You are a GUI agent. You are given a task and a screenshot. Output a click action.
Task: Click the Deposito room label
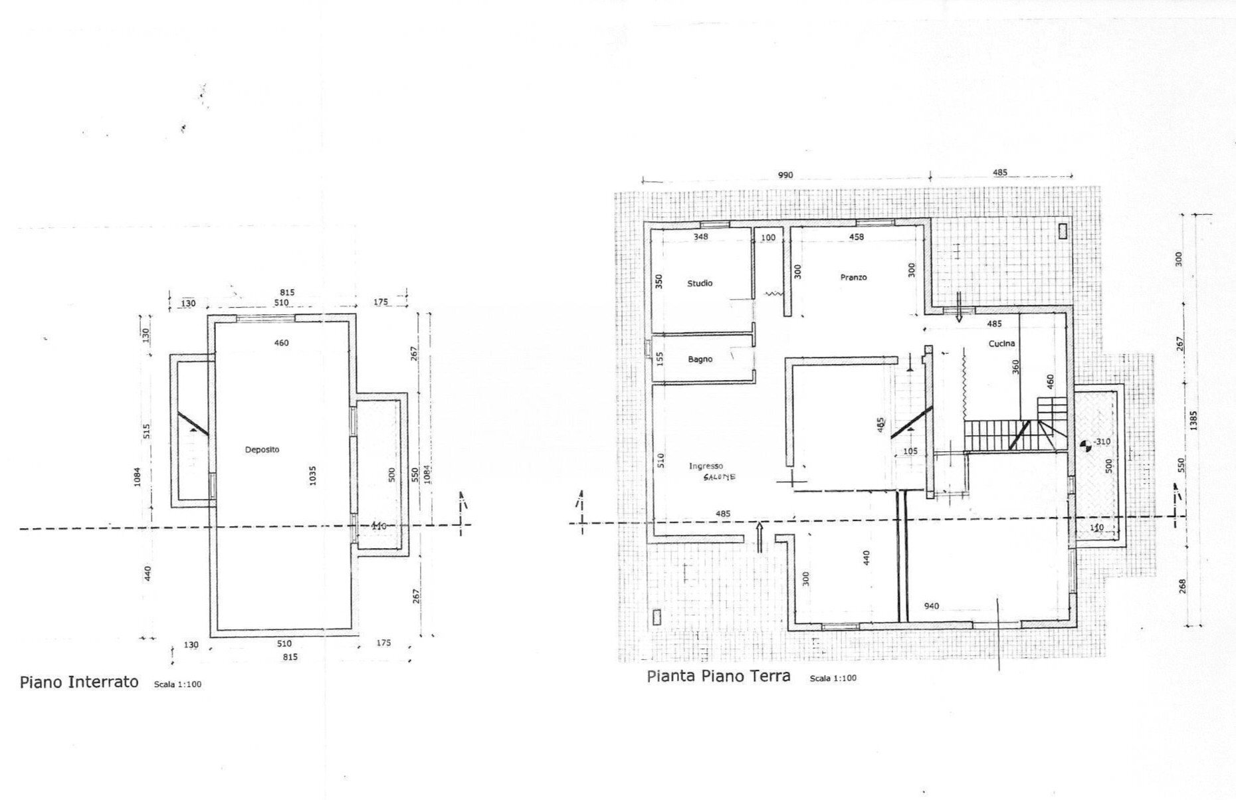(262, 450)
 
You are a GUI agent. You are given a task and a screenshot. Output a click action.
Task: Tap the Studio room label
(700, 284)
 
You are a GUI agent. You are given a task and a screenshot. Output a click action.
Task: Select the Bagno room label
(700, 359)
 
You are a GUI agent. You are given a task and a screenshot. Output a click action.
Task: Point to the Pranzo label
(853, 278)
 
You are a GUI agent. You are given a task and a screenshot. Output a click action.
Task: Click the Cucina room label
(1001, 344)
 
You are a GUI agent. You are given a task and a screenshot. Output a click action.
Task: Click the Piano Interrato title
(79, 682)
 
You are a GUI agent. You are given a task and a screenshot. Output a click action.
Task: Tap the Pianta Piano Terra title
(718, 676)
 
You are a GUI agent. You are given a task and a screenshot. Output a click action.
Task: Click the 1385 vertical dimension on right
(1193, 421)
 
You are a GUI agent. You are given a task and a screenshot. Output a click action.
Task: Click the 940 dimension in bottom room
(931, 606)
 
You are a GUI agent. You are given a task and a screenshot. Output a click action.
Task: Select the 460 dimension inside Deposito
(281, 344)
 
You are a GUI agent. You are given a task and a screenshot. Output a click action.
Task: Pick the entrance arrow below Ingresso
(760, 537)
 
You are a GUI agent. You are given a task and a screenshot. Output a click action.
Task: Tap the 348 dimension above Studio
(700, 237)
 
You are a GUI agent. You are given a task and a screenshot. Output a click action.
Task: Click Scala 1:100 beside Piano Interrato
(177, 684)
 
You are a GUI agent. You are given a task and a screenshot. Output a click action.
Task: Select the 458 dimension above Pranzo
(857, 237)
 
